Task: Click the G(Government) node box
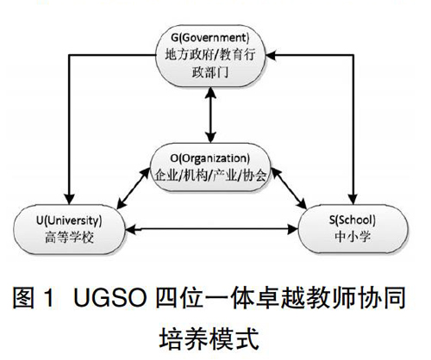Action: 210,56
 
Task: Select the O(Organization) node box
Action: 210,167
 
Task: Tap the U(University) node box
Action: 69,229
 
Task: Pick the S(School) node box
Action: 353,229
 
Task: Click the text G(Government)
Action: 210,38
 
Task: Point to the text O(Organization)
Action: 210,158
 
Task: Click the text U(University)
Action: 69,220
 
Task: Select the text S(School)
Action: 353,220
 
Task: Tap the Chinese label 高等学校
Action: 69,238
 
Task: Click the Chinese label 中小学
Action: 353,237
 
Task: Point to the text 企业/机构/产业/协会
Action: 210,175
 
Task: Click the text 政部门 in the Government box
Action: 210,72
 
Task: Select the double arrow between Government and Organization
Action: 211,115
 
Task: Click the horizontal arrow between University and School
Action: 212,229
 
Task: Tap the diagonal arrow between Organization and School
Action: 289,189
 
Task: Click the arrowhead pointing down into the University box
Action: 69,200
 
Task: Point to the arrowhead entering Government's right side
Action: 271,55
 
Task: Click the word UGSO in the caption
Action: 110,298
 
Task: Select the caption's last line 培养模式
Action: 209,338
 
